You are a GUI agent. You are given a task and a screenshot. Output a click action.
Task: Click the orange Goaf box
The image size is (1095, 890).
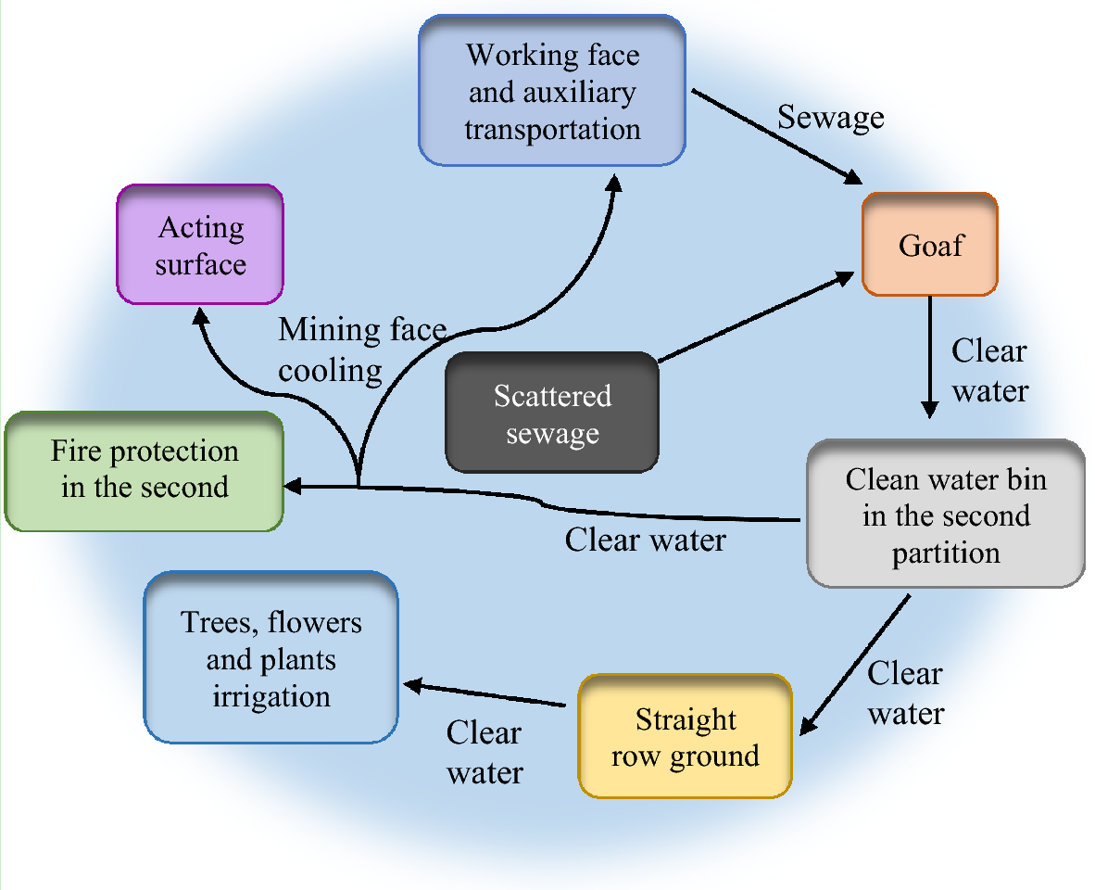[x=929, y=245]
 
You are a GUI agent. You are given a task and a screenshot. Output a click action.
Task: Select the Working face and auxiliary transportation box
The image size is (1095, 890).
[x=552, y=91]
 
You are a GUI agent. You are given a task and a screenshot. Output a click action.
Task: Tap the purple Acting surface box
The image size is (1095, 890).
[x=200, y=245]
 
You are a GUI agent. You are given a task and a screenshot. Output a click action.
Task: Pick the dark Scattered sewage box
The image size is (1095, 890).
[x=552, y=413]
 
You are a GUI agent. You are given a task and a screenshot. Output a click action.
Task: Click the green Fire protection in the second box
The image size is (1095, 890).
[x=144, y=471]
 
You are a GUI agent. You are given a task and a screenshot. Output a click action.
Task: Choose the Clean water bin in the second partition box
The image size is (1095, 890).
[x=945, y=515]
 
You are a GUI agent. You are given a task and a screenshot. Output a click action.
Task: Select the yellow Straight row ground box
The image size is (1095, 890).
[x=686, y=737]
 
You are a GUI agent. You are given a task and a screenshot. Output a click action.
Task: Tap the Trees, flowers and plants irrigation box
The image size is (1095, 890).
[x=271, y=658]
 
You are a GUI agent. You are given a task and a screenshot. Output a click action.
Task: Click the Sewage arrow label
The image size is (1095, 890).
[x=830, y=118]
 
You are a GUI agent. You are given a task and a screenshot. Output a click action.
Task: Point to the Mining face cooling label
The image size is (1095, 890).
[x=362, y=350]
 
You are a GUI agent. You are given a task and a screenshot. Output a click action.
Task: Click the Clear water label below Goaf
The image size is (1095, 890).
[x=989, y=370]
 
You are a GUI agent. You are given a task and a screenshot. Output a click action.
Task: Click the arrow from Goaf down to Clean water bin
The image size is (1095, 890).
[x=929, y=357]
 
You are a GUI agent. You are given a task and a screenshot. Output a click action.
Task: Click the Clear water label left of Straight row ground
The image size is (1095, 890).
[x=485, y=752]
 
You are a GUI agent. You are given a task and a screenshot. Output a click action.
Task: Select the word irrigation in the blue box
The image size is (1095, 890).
[x=271, y=696]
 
